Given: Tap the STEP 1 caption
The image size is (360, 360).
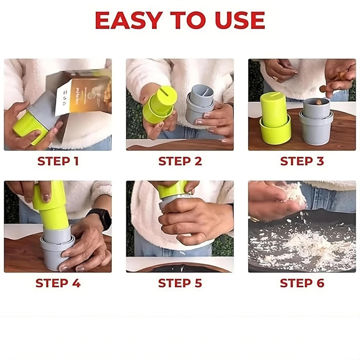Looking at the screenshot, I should point(58,161).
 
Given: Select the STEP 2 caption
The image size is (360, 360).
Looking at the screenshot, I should point(180,161).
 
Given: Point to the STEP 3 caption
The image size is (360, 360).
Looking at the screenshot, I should point(302,161).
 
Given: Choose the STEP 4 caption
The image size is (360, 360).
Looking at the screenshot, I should point(58,283).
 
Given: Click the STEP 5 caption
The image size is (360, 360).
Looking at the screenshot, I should point(180,283).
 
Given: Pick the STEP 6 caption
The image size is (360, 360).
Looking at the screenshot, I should point(302,283).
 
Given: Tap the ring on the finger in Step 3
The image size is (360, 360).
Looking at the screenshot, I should point(276,78).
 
